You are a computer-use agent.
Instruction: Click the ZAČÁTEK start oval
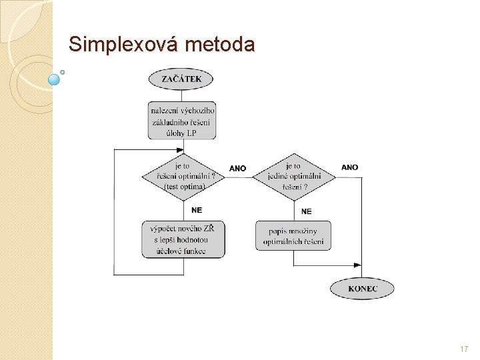click(x=181, y=79)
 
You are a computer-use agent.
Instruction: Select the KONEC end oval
click(x=362, y=289)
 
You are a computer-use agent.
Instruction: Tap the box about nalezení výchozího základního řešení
click(x=182, y=121)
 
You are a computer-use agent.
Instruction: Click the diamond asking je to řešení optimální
click(x=182, y=176)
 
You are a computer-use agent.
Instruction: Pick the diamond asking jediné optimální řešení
click(x=293, y=176)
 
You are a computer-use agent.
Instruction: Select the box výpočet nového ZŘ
click(x=183, y=239)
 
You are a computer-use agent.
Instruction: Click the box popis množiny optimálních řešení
click(x=293, y=236)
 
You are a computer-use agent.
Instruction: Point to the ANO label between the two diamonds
click(x=237, y=168)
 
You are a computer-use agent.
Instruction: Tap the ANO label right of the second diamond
click(x=349, y=167)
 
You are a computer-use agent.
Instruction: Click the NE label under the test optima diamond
click(x=196, y=209)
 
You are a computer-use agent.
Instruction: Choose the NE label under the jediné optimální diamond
click(x=307, y=211)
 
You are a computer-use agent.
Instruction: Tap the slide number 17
click(x=464, y=349)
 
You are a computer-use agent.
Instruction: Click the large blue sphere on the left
click(x=55, y=79)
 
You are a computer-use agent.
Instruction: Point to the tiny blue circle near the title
click(x=63, y=71)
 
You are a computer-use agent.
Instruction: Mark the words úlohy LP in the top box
click(x=182, y=133)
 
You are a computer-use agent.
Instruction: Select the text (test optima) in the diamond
click(x=184, y=187)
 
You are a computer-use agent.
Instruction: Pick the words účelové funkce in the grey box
click(x=183, y=251)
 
